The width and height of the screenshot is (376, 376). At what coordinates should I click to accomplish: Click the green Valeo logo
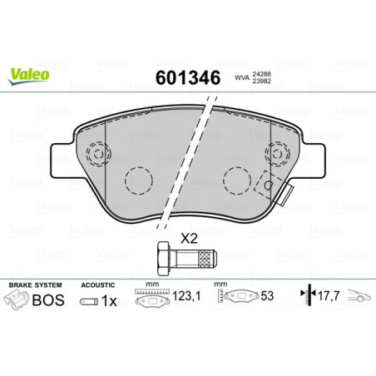pos(30,74)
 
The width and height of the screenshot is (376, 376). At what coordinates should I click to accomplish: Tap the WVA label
pos(242,80)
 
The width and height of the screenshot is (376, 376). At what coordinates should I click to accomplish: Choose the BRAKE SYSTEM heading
pos(33,285)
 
